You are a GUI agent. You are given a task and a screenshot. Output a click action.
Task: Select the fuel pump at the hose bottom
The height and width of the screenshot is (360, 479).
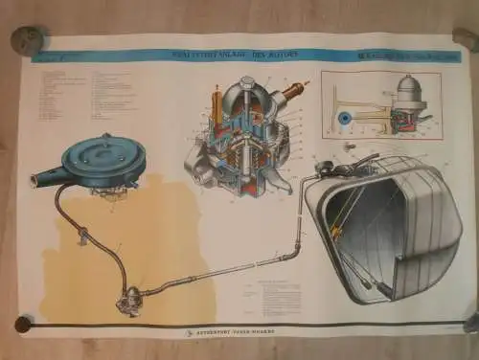(x=125, y=304)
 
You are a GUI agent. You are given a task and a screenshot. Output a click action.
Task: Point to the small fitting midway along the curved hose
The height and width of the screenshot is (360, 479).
(x=83, y=233)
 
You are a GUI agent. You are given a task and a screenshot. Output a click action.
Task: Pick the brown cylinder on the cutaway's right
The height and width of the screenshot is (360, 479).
(x=291, y=93)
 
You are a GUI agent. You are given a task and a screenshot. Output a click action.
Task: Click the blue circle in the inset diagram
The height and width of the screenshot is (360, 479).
(x=344, y=118)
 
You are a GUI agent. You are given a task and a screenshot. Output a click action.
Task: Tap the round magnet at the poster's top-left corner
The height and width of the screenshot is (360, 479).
(x=27, y=40)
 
